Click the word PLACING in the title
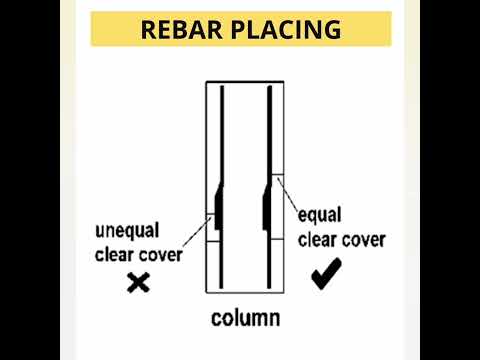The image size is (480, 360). [x=284, y=29]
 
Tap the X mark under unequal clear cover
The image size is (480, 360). [x=139, y=283]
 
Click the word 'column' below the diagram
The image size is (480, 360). [x=245, y=319]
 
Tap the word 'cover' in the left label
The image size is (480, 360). [x=162, y=254]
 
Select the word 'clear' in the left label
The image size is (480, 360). [x=117, y=254]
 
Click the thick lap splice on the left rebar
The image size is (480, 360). [x=217, y=204]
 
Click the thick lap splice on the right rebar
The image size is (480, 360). [x=268, y=204]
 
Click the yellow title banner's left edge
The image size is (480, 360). [x=93, y=29]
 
